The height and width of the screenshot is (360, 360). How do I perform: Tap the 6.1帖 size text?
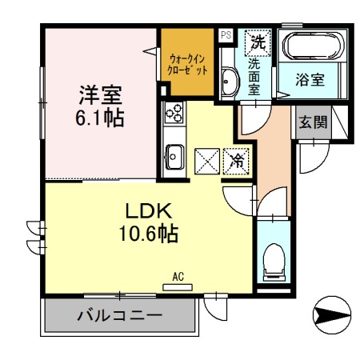click(100, 118)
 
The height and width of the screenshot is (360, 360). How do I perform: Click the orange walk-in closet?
click(189, 63)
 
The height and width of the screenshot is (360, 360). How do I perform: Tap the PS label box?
click(226, 34)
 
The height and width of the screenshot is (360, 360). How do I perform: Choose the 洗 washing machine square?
click(258, 39)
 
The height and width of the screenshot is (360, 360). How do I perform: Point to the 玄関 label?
click(312, 122)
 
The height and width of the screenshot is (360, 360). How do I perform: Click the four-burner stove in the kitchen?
click(174, 113)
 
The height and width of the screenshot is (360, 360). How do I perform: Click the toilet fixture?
click(272, 258)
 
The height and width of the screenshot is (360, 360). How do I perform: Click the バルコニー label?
click(120, 316)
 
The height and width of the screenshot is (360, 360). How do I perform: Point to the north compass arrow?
click(333, 315)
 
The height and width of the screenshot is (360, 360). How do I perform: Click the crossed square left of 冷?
click(207, 159)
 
